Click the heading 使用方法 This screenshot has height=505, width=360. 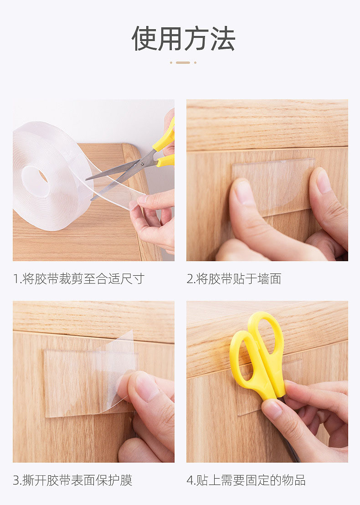(183, 38)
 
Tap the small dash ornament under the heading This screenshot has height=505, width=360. (183, 62)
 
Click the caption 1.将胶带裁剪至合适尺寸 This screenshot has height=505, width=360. (78, 279)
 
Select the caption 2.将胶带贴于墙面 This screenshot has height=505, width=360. (234, 279)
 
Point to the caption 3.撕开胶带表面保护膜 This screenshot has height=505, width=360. (72, 480)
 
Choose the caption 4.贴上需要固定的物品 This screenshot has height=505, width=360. (246, 480)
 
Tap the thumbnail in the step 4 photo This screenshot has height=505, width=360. (273, 409)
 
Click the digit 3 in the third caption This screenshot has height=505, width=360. (16, 480)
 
